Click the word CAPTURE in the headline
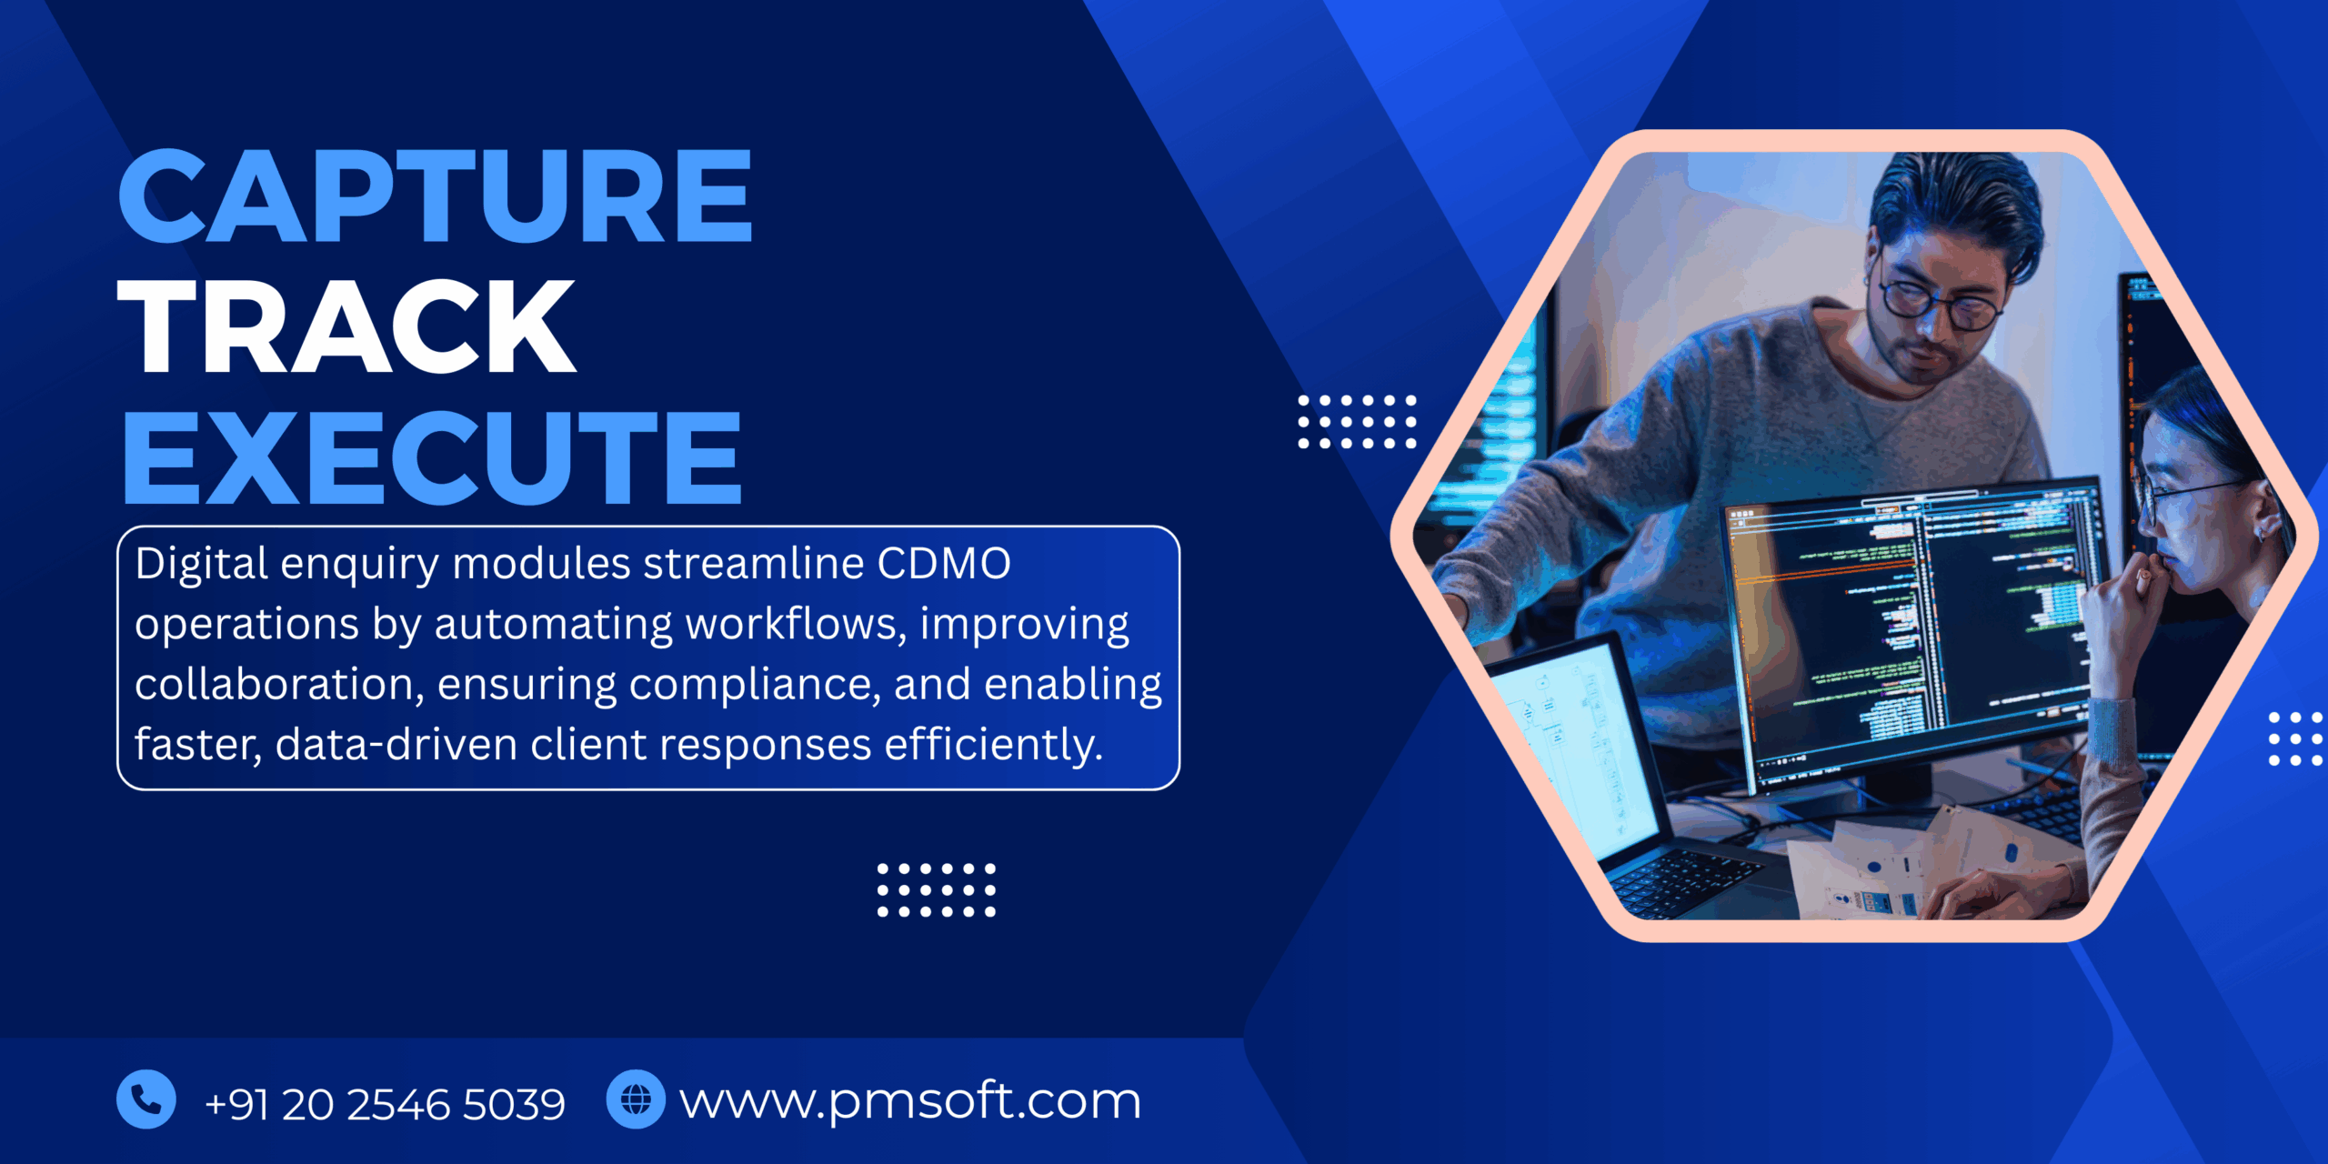point(435,196)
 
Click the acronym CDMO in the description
point(943,564)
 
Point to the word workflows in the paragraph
point(796,625)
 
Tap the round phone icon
point(145,1099)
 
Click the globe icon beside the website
point(636,1099)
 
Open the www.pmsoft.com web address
point(909,1102)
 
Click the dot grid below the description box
point(936,890)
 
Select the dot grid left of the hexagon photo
point(1357,422)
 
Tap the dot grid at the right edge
point(2294,738)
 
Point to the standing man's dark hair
point(1955,200)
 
